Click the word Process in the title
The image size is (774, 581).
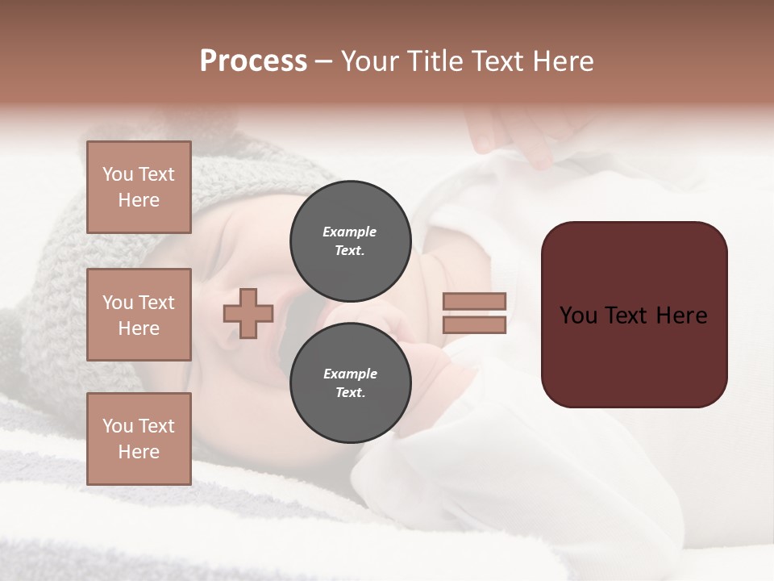253,61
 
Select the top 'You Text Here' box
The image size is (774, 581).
139,187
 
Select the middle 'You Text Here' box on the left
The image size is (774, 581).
139,315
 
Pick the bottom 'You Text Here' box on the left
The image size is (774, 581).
139,439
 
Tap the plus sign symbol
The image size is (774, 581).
248,313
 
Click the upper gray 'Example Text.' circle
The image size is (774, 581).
350,240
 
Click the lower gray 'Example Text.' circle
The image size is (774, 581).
350,382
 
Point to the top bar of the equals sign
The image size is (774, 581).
474,301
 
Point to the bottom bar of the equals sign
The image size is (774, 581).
474,325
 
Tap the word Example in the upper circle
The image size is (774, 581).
350,232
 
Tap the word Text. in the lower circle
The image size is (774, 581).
350,393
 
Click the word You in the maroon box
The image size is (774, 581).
577,315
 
